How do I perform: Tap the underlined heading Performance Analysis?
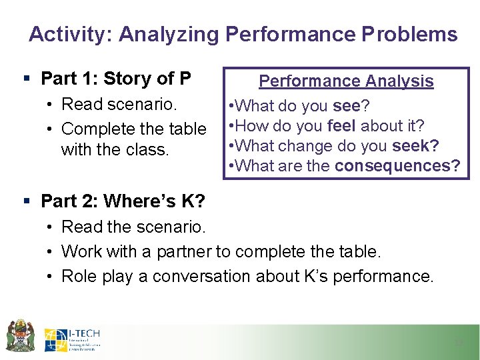346,81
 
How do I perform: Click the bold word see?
346,106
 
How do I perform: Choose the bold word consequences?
397,166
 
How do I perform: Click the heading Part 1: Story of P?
116,79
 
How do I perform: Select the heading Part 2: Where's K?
123,201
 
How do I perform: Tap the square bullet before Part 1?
25,79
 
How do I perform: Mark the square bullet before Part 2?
25,201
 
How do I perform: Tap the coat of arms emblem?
20,335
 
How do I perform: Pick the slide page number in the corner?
458,343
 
